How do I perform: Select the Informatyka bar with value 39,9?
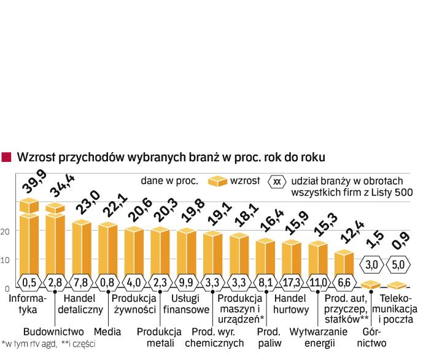coord(30,239)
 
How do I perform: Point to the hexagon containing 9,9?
coord(187,281)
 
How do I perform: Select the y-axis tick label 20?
coord(6,232)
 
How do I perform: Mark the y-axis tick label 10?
coord(6,260)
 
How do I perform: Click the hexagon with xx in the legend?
coord(277,182)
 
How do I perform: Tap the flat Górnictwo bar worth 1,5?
coord(371,284)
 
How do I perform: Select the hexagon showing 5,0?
coord(398,266)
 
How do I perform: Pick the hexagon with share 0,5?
coord(29,281)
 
